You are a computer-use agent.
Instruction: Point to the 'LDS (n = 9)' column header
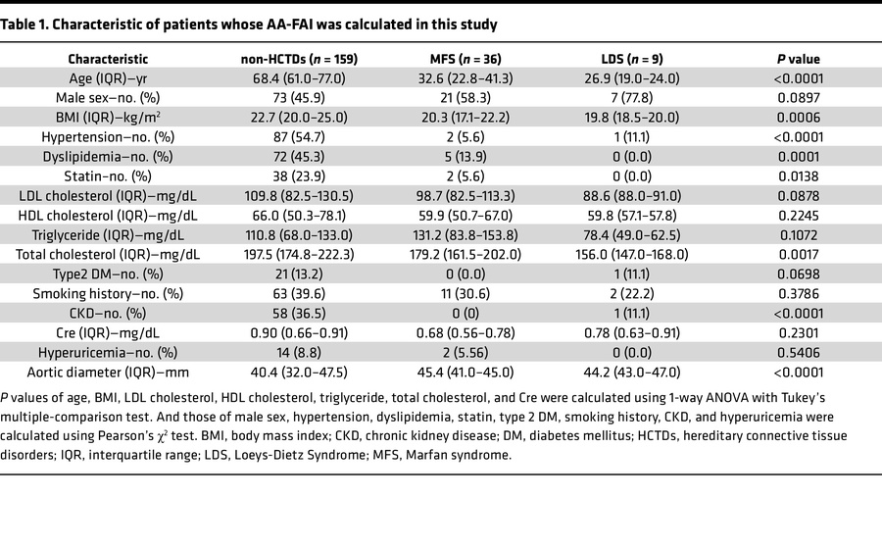click(x=628, y=59)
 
